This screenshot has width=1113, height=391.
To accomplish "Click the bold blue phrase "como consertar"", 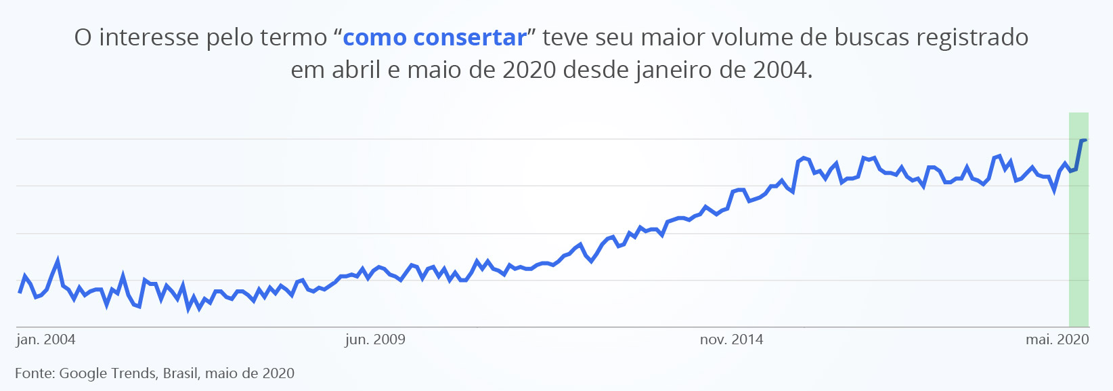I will (435, 38).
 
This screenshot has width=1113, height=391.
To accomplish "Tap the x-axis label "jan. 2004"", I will (46, 339).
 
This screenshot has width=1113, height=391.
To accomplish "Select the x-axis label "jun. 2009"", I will (375, 339).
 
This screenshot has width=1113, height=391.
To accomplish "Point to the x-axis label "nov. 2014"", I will (731, 339).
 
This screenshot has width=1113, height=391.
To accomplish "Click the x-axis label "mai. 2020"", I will (1057, 339).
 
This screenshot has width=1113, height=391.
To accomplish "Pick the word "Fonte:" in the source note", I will (35, 373).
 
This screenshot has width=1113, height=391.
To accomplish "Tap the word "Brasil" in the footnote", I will (181, 373).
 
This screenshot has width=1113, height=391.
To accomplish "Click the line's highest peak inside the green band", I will (1083, 140).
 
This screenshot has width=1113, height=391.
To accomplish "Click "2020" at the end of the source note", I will (278, 373).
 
